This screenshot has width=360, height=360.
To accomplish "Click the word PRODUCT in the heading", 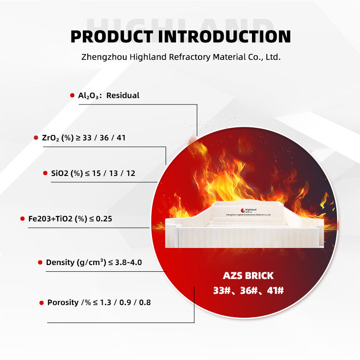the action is pyautogui.click(x=112, y=37).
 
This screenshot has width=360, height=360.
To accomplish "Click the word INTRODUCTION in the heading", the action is pyautogui.click(x=225, y=37).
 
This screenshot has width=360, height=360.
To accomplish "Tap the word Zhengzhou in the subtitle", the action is pyautogui.click(x=104, y=57).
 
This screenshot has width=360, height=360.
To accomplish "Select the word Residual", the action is pyautogui.click(x=123, y=95).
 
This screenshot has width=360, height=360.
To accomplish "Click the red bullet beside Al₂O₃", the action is pyautogui.click(x=72, y=95).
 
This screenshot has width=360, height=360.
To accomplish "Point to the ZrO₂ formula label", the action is pyautogui.click(x=50, y=138).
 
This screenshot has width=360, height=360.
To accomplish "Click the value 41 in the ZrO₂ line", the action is pyautogui.click(x=121, y=138).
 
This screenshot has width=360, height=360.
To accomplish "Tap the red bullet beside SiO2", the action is pyautogui.click(x=45, y=173).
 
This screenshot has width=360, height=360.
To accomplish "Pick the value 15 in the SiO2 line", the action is pyautogui.click(x=96, y=173).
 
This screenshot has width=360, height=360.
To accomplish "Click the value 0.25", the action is pyautogui.click(x=104, y=219).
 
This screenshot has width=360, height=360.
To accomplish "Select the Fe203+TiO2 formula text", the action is pyautogui.click(x=50, y=219).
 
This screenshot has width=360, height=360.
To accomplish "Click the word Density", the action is pyautogui.click(x=60, y=262).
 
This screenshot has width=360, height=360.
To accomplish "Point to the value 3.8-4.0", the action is pyautogui.click(x=128, y=262).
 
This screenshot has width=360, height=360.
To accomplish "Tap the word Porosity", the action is pyautogui.click(x=63, y=302).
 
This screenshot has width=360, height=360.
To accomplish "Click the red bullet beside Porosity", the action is pyautogui.click(x=41, y=303).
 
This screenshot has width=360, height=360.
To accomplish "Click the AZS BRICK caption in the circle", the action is pyautogui.click(x=248, y=276).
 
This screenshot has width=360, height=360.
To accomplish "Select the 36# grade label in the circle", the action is pyautogui.click(x=249, y=291).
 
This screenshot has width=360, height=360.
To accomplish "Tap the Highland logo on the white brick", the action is pyautogui.click(x=248, y=210).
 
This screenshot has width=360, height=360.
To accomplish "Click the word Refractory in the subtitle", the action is pyautogui.click(x=189, y=57).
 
